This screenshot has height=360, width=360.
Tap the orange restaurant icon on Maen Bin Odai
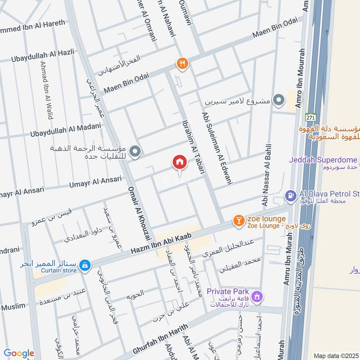[182, 63]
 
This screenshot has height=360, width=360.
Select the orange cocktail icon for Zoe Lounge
[238, 220]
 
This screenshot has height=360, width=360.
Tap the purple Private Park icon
[257, 297]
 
